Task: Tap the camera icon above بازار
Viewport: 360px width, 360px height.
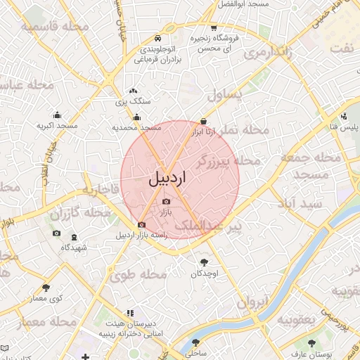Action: tap(166, 202)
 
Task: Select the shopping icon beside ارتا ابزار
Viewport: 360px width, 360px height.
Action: tap(203, 120)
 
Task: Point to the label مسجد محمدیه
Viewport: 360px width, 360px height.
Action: tap(137, 129)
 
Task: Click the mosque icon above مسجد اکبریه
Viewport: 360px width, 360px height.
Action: tap(56, 115)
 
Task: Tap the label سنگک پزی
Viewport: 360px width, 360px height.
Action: tap(129, 102)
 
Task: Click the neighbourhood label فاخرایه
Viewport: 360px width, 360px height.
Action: tap(98, 189)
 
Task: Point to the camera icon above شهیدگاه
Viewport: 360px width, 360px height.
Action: tap(56, 233)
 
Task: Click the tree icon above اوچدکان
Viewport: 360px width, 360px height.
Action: tap(204, 262)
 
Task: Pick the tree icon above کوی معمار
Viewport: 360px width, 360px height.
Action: tap(46, 287)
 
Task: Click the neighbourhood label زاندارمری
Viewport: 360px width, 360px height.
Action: tap(266, 53)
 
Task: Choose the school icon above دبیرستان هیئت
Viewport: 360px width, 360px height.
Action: tap(129, 312)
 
